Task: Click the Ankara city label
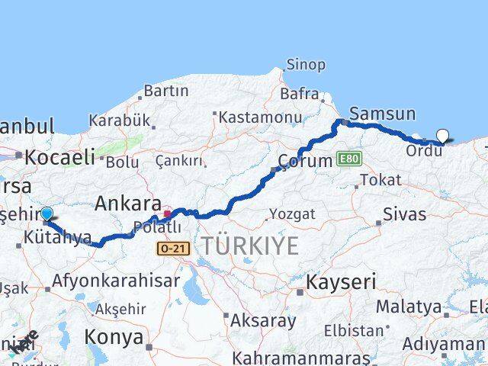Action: pos(127,204)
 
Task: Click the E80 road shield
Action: pos(349,158)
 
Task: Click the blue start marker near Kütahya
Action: pos(47,214)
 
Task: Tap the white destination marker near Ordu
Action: pos(442,136)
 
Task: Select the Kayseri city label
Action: pos(341,282)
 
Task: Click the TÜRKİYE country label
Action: pos(249,246)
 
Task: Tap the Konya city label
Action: pos(114,336)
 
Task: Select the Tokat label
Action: pos(380,180)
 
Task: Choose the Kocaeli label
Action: pos(59,158)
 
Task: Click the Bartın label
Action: pos(165,91)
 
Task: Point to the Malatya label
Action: pos(409,307)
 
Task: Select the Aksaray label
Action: pos(263,320)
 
